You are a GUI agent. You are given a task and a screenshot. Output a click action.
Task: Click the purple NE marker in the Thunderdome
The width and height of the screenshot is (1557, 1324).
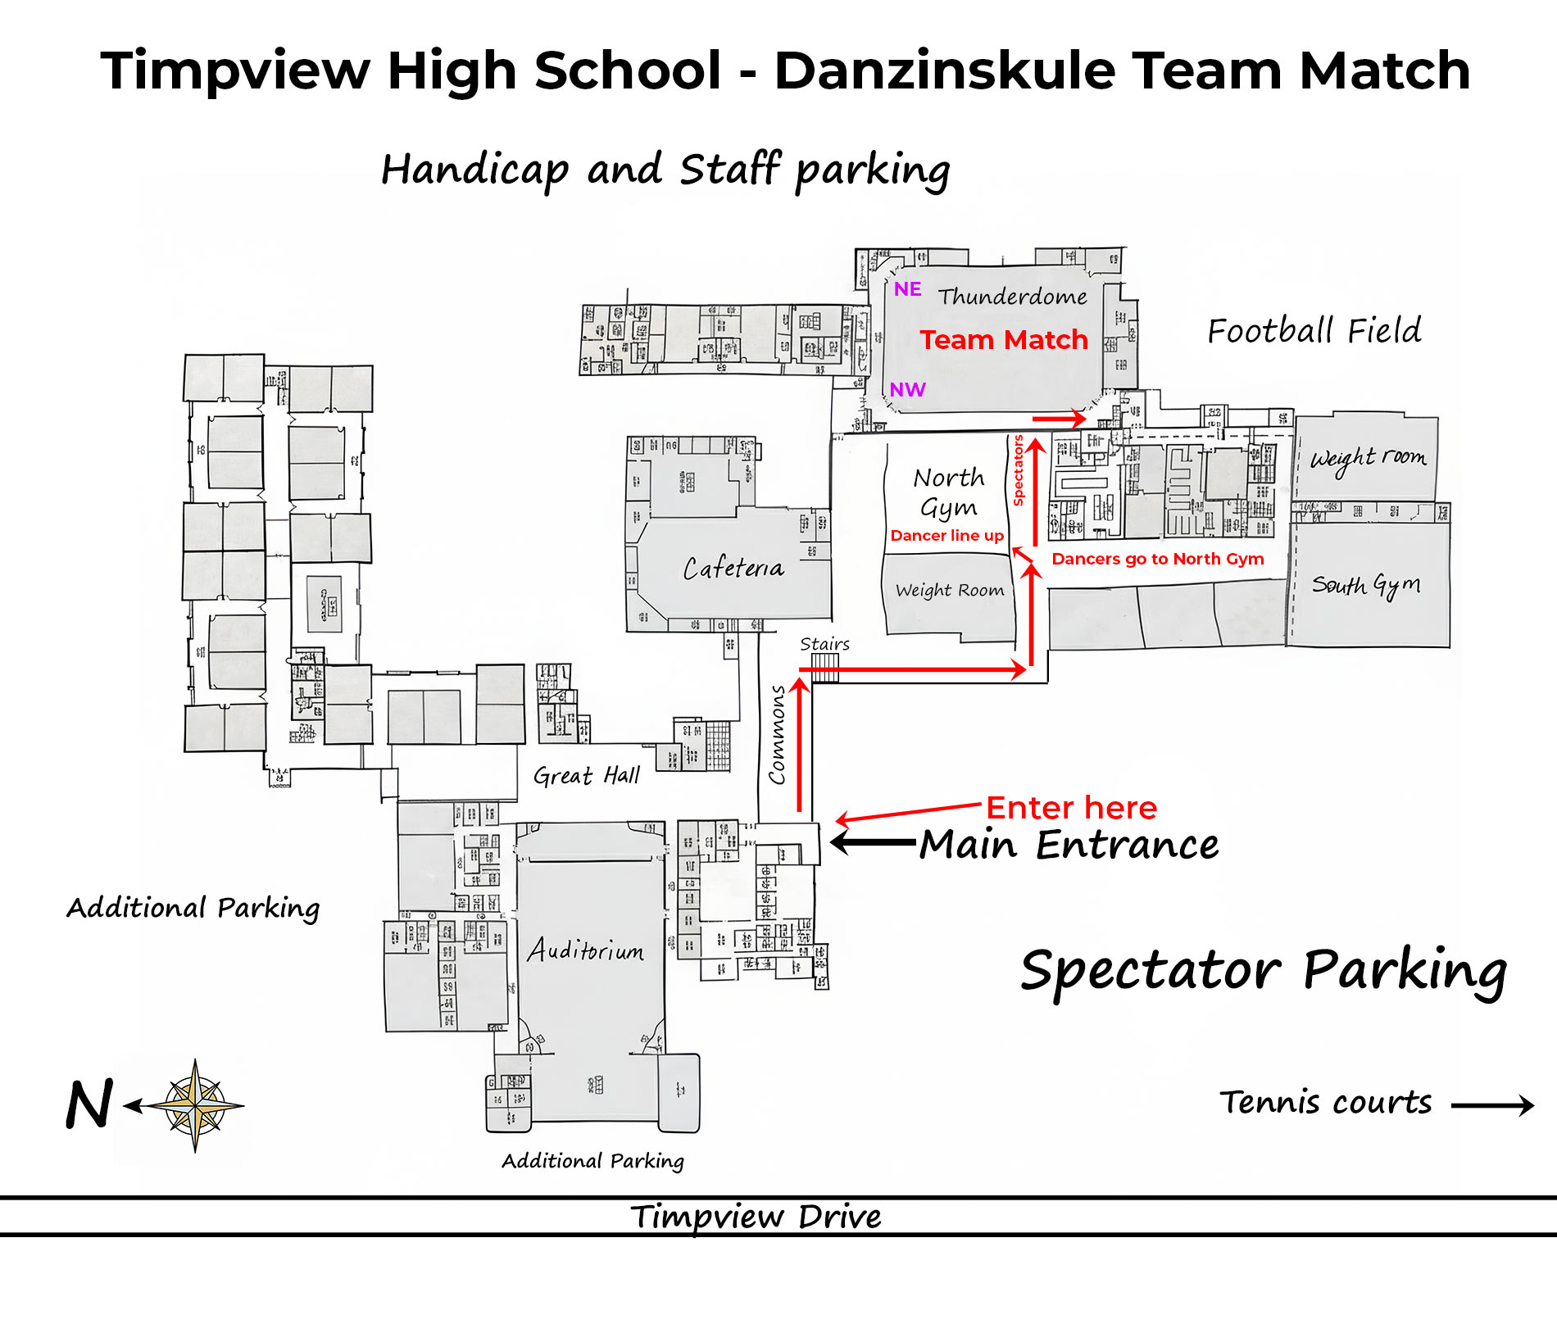907,289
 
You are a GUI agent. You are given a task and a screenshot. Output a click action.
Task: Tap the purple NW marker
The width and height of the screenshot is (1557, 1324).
908,390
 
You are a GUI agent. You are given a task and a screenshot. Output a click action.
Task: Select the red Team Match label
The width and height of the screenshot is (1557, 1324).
1004,340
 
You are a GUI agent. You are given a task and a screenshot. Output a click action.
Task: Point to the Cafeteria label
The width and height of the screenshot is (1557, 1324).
733,568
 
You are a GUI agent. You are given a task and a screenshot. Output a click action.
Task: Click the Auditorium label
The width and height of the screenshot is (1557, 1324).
585,950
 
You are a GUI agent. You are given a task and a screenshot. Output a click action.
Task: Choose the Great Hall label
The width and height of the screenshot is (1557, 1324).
587,775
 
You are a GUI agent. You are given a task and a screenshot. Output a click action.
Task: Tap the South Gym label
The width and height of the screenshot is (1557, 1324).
1366,585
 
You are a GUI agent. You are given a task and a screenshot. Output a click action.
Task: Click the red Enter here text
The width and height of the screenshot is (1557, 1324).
1071,808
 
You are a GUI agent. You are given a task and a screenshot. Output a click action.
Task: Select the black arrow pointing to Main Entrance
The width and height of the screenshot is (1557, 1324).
873,841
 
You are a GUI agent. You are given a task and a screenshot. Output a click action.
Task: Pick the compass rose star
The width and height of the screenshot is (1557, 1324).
195,1106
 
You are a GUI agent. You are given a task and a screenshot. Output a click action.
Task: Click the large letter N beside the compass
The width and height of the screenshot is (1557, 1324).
89,1105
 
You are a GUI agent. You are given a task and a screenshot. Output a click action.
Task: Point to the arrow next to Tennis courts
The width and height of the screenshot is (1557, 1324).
1492,1105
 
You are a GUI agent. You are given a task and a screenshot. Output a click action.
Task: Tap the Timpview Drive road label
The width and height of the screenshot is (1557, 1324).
756,1217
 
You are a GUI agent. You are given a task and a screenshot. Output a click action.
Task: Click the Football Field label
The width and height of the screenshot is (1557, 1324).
1314,331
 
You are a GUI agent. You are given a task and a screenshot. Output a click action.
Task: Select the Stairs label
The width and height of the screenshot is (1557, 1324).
824,644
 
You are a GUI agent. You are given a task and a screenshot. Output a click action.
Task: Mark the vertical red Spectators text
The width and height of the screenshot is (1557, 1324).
1019,470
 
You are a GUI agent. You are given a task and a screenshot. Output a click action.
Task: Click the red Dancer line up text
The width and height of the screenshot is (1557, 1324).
947,536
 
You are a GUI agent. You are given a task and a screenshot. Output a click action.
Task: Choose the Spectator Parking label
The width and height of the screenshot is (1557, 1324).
1264,972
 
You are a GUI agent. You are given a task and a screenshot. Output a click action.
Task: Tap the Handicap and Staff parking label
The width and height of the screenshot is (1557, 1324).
665,170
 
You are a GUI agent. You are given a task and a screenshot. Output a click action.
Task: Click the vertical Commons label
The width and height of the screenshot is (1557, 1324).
777,734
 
